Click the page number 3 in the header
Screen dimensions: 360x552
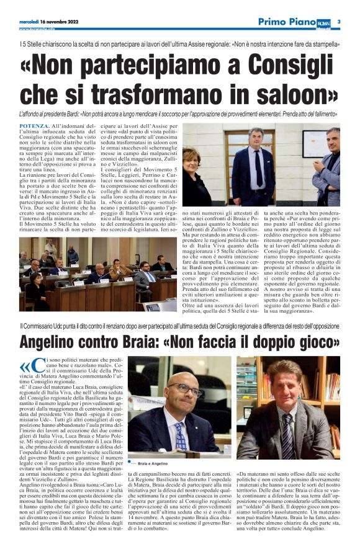340,22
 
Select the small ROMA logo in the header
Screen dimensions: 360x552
325,22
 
